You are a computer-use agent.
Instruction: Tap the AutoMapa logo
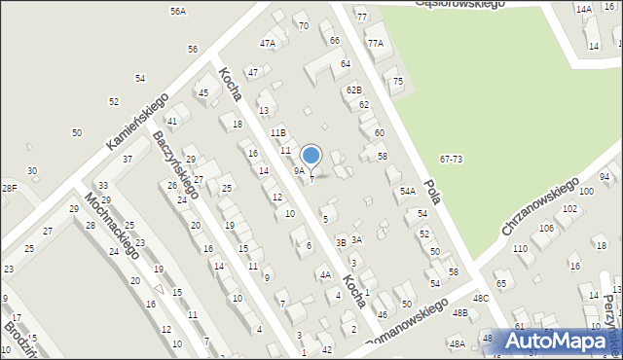(559, 342)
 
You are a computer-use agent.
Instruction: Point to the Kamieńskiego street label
(137, 128)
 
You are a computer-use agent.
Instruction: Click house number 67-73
(451, 159)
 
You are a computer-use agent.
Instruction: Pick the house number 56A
(177, 12)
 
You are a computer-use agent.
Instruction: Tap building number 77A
(376, 43)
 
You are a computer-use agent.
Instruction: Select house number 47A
(267, 43)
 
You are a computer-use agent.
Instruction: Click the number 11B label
(278, 131)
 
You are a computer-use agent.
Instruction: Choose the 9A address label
(299, 170)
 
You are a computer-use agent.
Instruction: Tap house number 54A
(408, 192)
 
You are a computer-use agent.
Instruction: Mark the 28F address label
(9, 187)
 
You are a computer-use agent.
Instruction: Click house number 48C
(480, 298)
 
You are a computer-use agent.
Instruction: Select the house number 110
(520, 249)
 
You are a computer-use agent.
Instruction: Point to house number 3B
(341, 242)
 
